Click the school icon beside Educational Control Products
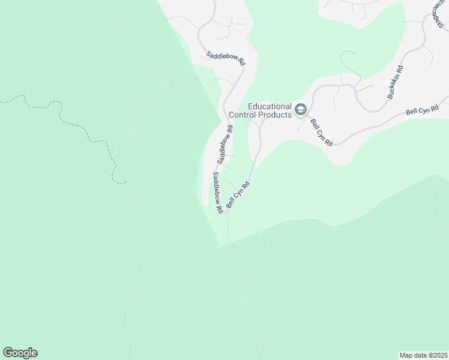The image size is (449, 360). tap(301, 110)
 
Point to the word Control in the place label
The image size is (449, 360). tap(244, 114)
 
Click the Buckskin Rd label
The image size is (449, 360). tap(394, 82)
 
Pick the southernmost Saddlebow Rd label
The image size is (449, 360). tap(218, 193)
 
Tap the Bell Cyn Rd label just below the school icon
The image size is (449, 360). tap(322, 132)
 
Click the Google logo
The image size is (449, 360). tap(20, 353)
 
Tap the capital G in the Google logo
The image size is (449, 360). tap(8, 353)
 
